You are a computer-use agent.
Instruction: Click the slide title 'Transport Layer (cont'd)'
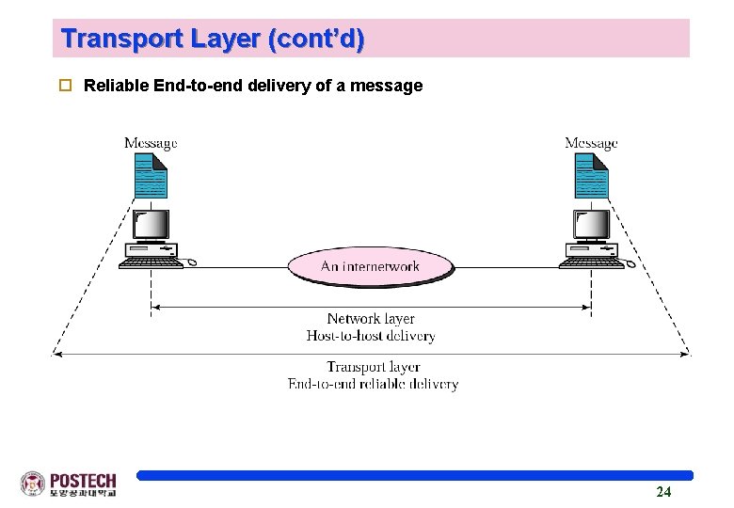(213, 40)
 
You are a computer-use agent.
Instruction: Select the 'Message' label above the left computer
(151, 143)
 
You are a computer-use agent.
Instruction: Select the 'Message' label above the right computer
(591, 143)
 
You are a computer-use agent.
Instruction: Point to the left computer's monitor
(151, 225)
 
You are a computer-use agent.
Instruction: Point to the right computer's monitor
(592, 225)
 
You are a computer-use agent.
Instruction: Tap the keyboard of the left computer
(151, 263)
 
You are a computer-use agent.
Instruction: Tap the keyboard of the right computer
(592, 263)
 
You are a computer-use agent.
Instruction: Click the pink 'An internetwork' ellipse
(370, 266)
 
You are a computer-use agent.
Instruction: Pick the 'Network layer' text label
(371, 319)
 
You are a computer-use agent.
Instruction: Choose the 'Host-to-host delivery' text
(371, 336)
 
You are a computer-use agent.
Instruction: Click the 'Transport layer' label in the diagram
(374, 367)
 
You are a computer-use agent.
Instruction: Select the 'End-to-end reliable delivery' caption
(374, 384)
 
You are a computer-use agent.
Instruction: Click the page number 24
(663, 492)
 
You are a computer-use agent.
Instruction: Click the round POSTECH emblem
(33, 484)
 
